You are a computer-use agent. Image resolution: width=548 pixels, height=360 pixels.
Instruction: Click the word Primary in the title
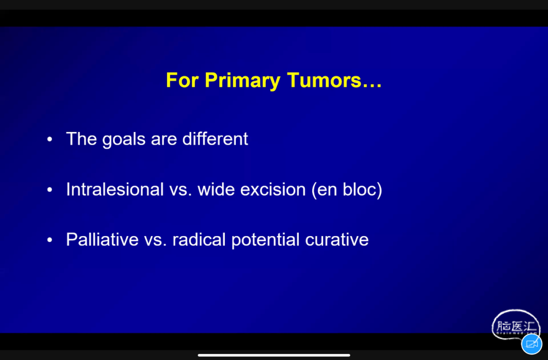click(x=243, y=81)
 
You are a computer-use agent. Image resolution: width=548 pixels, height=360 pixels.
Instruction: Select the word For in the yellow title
click(x=182, y=80)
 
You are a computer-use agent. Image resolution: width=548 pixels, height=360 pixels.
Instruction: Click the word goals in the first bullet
click(x=124, y=140)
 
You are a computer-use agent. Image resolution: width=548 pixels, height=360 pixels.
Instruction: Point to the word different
click(x=215, y=139)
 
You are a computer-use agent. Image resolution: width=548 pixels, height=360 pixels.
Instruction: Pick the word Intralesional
click(x=115, y=189)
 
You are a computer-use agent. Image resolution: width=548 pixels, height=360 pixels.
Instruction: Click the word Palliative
click(x=102, y=240)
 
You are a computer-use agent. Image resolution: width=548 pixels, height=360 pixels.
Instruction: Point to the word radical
click(x=199, y=240)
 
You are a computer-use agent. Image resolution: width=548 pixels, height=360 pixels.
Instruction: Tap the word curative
click(x=336, y=240)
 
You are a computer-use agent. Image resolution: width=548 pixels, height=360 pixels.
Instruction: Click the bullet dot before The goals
click(x=50, y=139)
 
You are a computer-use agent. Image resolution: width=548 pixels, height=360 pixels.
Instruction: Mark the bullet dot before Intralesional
click(x=50, y=189)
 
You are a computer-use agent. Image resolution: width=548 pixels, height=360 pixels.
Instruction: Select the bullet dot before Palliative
click(x=50, y=240)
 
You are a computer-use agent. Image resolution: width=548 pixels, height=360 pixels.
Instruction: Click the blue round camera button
click(x=532, y=344)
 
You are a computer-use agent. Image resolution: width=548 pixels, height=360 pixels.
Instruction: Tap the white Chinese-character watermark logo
click(x=516, y=325)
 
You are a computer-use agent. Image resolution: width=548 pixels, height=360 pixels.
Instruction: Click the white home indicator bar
click(x=274, y=355)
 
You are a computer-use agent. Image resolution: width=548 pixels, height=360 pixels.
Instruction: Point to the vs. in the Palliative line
click(x=155, y=240)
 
